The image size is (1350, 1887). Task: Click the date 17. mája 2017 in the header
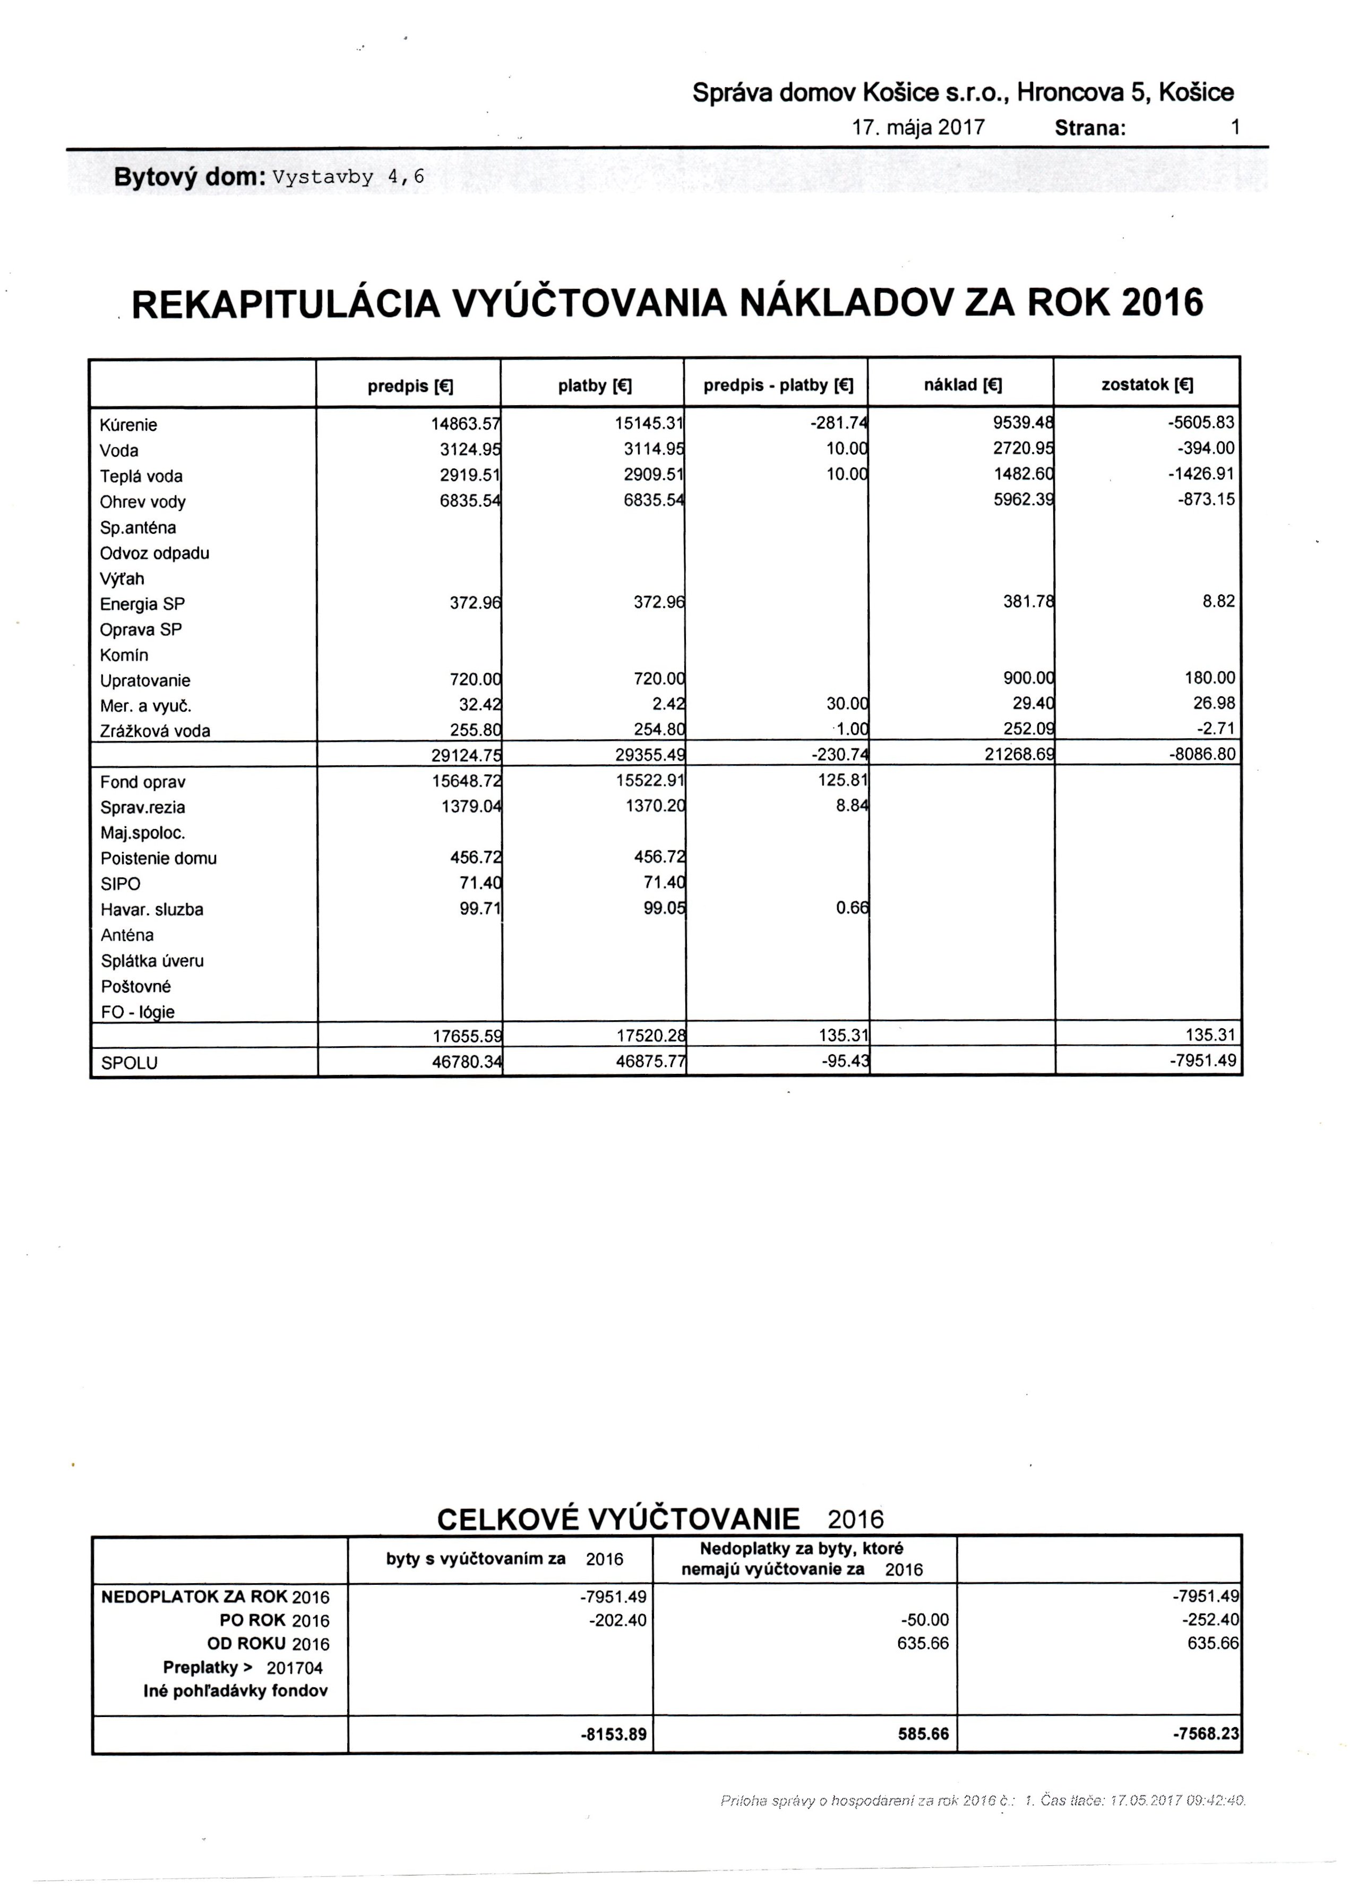tap(918, 127)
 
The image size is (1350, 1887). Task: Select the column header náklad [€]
tap(962, 385)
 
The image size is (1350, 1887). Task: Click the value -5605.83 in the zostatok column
tap(1201, 422)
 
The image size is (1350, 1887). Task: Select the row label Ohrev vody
tap(142, 501)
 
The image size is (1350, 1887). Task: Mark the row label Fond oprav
tap(142, 782)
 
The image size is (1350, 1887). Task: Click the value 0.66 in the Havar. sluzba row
tap(851, 908)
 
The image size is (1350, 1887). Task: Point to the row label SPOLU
tap(129, 1063)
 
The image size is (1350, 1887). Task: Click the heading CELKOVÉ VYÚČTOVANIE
tap(617, 1519)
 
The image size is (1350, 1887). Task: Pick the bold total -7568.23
tap(1206, 1734)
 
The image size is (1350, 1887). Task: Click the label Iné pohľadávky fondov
tap(235, 1690)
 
